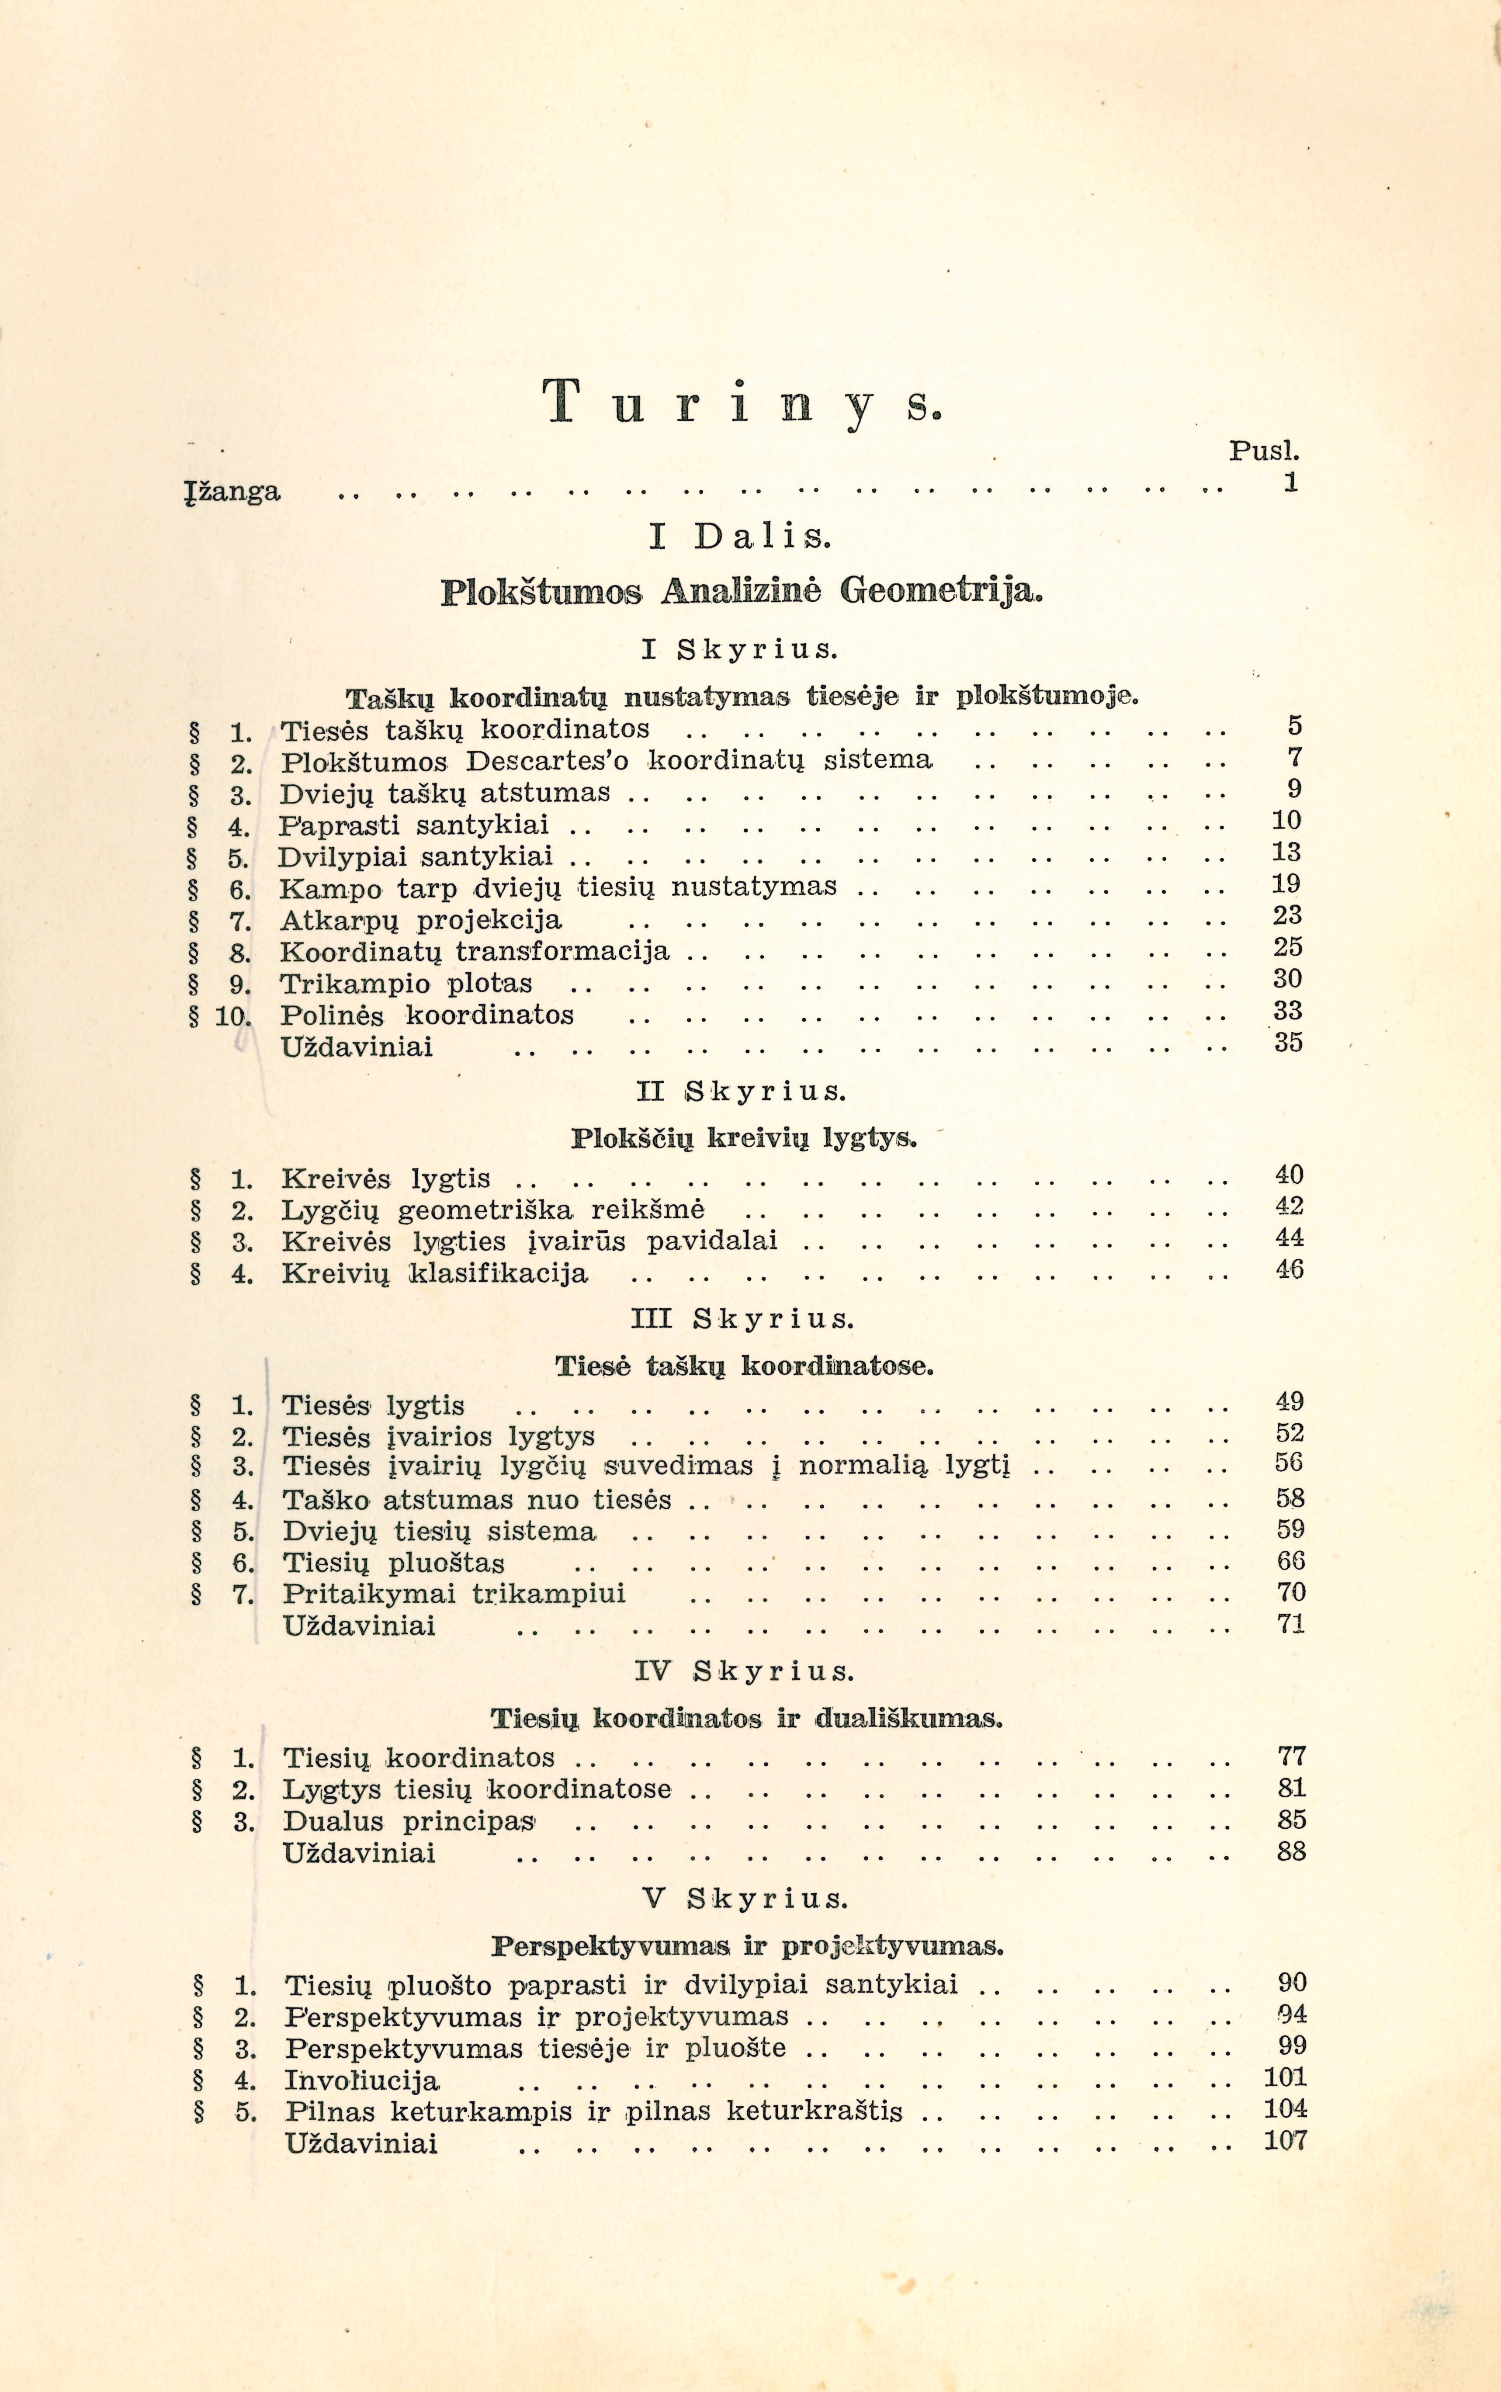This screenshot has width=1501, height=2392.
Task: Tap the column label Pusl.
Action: click(x=1264, y=451)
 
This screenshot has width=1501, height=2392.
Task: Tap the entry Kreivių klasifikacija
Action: click(x=435, y=1273)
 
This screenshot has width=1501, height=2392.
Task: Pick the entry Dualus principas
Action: click(x=409, y=1822)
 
